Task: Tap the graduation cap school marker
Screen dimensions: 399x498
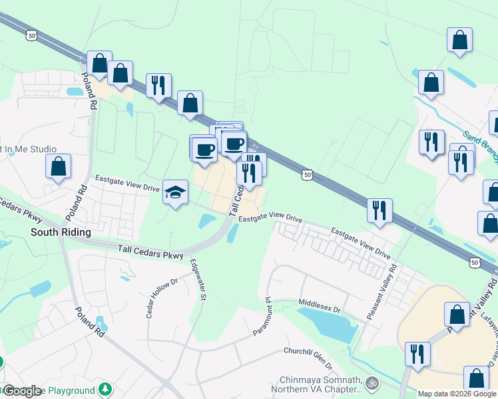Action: point(175,193)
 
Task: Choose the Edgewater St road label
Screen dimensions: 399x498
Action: point(196,279)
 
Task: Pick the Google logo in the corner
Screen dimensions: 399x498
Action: point(21,390)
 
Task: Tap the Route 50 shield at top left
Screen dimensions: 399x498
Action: point(31,33)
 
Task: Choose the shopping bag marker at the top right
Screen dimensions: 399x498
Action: point(459,40)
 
